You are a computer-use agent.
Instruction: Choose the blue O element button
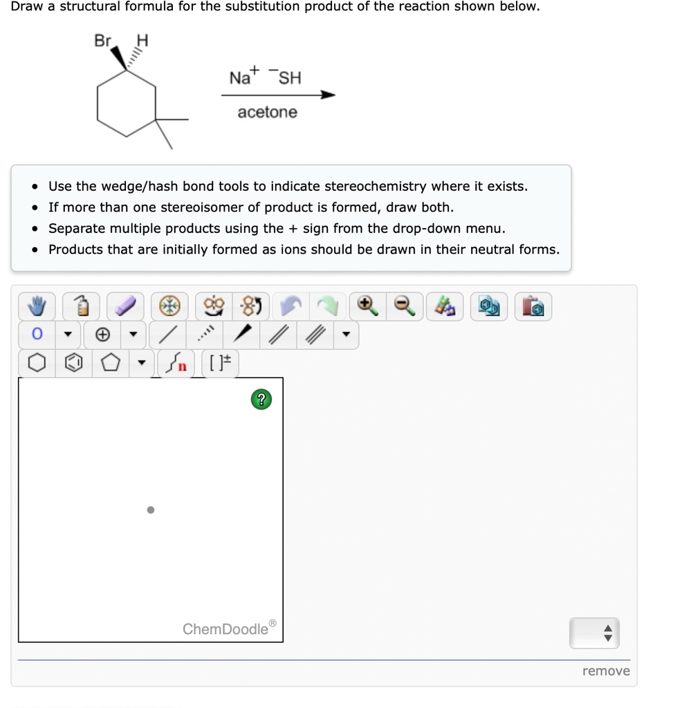pyautogui.click(x=37, y=335)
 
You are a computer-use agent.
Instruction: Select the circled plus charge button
pyautogui.click(x=102, y=335)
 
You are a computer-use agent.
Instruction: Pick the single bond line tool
pyautogui.click(x=167, y=335)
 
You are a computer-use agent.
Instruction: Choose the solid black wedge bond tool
pyautogui.click(x=241, y=335)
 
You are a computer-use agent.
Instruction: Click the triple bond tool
pyautogui.click(x=315, y=335)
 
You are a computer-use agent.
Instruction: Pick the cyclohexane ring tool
pyautogui.click(x=37, y=363)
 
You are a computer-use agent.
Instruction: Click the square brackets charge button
pyautogui.click(x=220, y=363)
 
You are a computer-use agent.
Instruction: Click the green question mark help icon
pyautogui.click(x=260, y=399)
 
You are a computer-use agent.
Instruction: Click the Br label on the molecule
pyautogui.click(x=102, y=41)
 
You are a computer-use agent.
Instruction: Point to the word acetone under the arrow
pyautogui.click(x=267, y=112)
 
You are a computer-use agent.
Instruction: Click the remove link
pyautogui.click(x=606, y=671)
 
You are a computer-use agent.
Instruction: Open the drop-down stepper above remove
pyautogui.click(x=593, y=633)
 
